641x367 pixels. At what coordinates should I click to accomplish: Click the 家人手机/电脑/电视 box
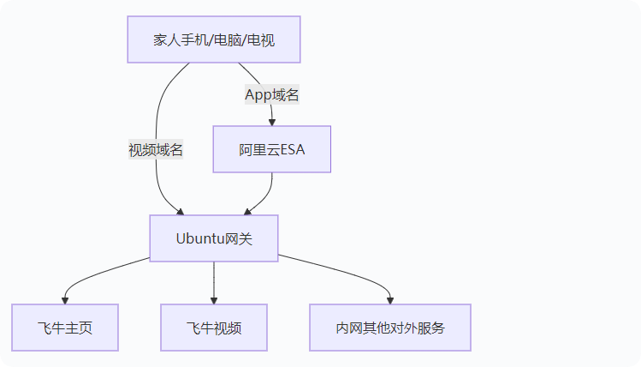214,39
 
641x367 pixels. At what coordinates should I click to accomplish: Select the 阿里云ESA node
271,150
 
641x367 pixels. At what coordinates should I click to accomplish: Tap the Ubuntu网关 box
214,238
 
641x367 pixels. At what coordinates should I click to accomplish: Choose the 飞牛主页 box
65,328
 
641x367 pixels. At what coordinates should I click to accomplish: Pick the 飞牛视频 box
214,328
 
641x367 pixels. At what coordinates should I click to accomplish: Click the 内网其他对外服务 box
390,328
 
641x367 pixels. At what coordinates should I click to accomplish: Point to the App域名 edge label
272,95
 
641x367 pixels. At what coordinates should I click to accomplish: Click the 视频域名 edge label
156,150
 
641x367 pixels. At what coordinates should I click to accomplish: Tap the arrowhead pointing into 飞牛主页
65,299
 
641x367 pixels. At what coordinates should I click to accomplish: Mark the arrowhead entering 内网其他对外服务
390,299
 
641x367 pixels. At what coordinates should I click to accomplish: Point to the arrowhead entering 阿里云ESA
271,122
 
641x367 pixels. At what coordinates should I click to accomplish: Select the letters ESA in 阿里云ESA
292,150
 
